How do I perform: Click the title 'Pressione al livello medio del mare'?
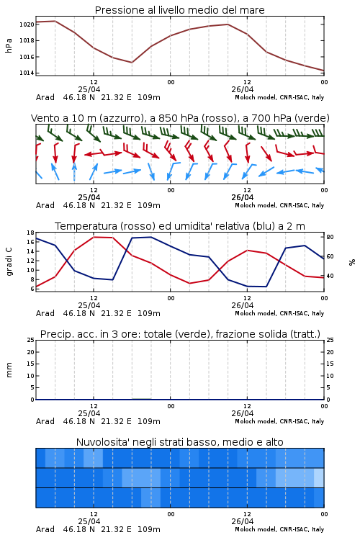(x=179, y=10)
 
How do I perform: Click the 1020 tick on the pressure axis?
(x=27, y=24)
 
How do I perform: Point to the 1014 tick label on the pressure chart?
(x=27, y=73)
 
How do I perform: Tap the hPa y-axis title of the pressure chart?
(x=9, y=45)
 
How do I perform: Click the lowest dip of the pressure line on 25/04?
(x=132, y=63)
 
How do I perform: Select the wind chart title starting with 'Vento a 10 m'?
(x=180, y=118)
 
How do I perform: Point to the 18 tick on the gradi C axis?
(x=30, y=233)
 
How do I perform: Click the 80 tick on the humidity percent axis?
(x=330, y=237)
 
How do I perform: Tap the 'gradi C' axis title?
(x=9, y=261)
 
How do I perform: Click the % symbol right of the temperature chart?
(x=352, y=262)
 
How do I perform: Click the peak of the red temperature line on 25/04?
(x=94, y=237)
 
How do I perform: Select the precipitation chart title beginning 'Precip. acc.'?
(x=180, y=334)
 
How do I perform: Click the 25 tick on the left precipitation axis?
(x=30, y=340)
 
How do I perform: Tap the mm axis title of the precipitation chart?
(x=9, y=370)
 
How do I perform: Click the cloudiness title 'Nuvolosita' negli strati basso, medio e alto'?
(x=179, y=442)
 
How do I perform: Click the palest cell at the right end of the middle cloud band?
(x=319, y=477)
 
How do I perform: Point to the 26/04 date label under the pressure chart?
(x=242, y=89)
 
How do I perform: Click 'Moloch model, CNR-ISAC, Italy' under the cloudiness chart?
(x=279, y=529)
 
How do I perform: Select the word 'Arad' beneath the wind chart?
(x=45, y=205)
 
